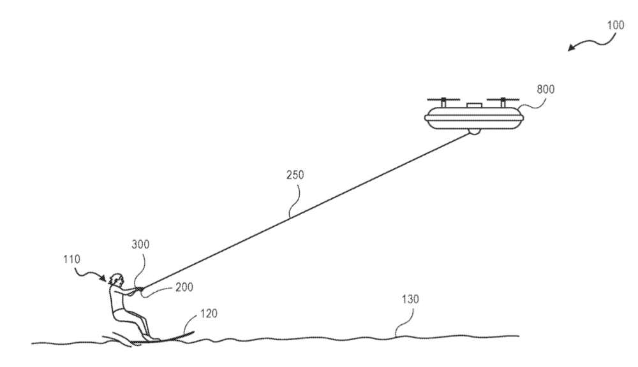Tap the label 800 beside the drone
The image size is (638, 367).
pyautogui.click(x=546, y=90)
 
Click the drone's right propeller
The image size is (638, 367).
pyautogui.click(x=503, y=100)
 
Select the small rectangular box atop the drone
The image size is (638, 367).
pyautogui.click(x=472, y=105)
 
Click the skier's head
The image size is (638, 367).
pyautogui.click(x=115, y=280)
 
